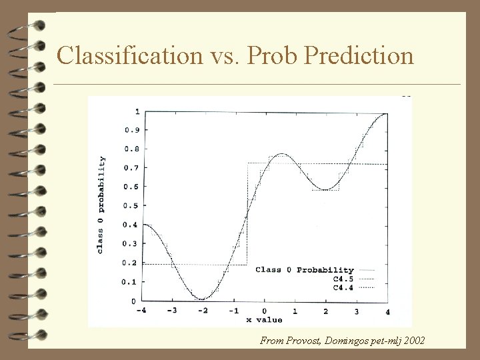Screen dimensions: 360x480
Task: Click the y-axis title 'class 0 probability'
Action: pyautogui.click(x=101, y=205)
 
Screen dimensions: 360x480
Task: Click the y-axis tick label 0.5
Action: pyautogui.click(x=131, y=187)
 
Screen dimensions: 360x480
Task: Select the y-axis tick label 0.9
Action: pyautogui.click(x=131, y=131)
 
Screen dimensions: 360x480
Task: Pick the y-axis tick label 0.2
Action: pyautogui.click(x=131, y=263)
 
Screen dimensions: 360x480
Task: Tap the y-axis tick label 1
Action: pyautogui.click(x=137, y=111)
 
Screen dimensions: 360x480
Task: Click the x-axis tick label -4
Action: pyautogui.click(x=141, y=311)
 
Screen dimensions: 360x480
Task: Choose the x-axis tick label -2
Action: pyautogui.click(x=202, y=311)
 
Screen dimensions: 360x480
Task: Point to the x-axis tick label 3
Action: pyautogui.click(x=357, y=311)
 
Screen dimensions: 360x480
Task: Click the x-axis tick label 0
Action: pyautogui.click(x=265, y=311)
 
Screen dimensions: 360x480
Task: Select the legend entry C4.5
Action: pyautogui.click(x=343, y=279)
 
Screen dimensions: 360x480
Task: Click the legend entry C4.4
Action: pyautogui.click(x=343, y=287)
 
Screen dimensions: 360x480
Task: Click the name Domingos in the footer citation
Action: pyautogui.click(x=349, y=341)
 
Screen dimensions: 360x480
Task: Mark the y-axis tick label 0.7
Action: pyautogui.click(x=131, y=169)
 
